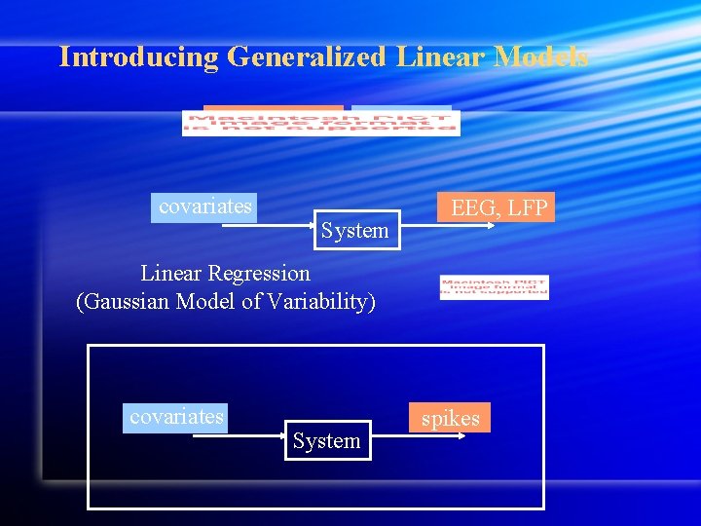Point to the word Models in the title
(541, 56)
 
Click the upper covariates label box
(204, 207)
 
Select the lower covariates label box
(176, 417)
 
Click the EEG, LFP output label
(498, 207)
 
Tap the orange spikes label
(450, 418)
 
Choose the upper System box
(354, 231)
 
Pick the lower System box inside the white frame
(326, 440)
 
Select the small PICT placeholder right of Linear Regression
(494, 287)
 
